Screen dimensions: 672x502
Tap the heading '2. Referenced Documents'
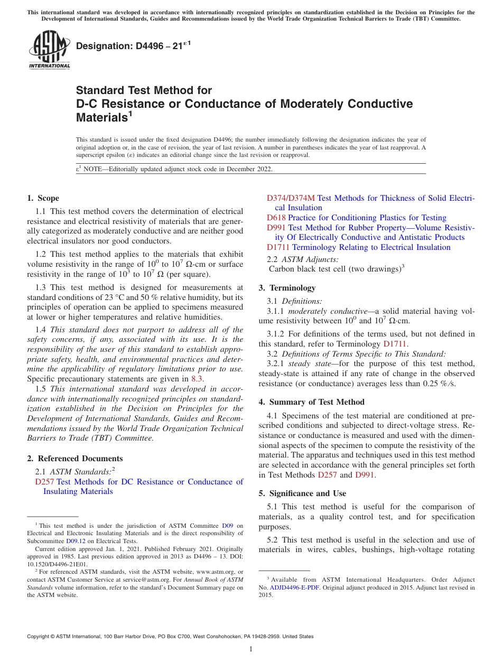pyautogui.click(x=75, y=459)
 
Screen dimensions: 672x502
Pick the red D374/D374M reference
pyautogui.click(x=290, y=198)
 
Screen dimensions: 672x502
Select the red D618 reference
pyautogui.click(x=276, y=218)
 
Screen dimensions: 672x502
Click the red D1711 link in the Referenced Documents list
pyautogui.click(x=278, y=247)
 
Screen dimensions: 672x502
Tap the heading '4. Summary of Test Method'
pyautogui.click(x=311, y=402)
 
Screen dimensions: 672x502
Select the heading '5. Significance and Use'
pyautogui.click(x=302, y=493)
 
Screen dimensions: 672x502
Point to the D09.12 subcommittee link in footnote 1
pyautogui.click(x=76, y=541)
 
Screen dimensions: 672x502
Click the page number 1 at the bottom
pyautogui.click(x=251, y=649)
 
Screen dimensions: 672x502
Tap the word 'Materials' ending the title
pyautogui.click(x=101, y=118)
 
